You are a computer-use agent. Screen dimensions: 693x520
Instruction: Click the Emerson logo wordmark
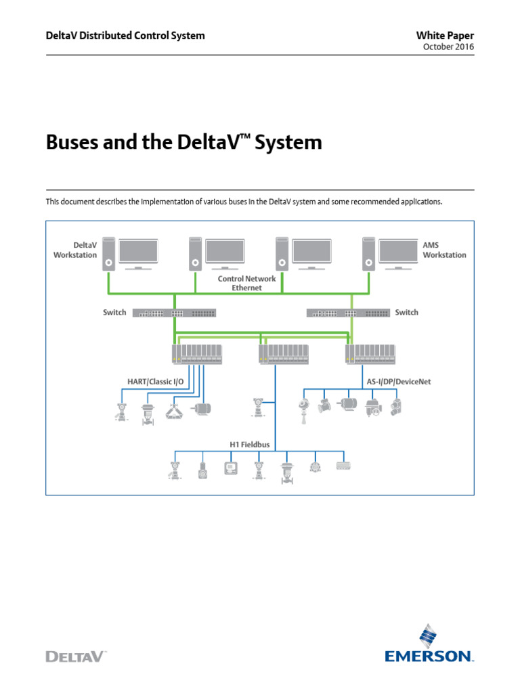pos(429,655)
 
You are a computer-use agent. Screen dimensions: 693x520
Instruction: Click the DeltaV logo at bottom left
pos(76,655)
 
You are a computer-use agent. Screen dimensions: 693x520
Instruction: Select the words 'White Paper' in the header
pos(445,35)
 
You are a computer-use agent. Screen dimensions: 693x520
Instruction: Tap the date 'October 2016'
pos(448,47)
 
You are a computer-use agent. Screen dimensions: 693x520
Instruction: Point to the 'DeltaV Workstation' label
pos(75,250)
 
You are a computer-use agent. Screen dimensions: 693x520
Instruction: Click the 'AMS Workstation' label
pos(444,250)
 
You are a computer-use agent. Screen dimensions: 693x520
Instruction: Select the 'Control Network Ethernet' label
pos(246,283)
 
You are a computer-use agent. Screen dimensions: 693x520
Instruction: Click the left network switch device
pos(174,313)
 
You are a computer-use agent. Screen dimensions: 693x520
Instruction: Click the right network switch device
pos(348,313)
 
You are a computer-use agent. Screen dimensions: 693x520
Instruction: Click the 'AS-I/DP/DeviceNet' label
pos(399,382)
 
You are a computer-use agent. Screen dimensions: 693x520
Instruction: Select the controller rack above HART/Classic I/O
pos(196,353)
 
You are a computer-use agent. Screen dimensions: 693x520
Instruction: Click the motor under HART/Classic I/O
pos(202,409)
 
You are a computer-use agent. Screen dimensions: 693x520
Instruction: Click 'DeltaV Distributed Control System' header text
pos(125,35)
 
